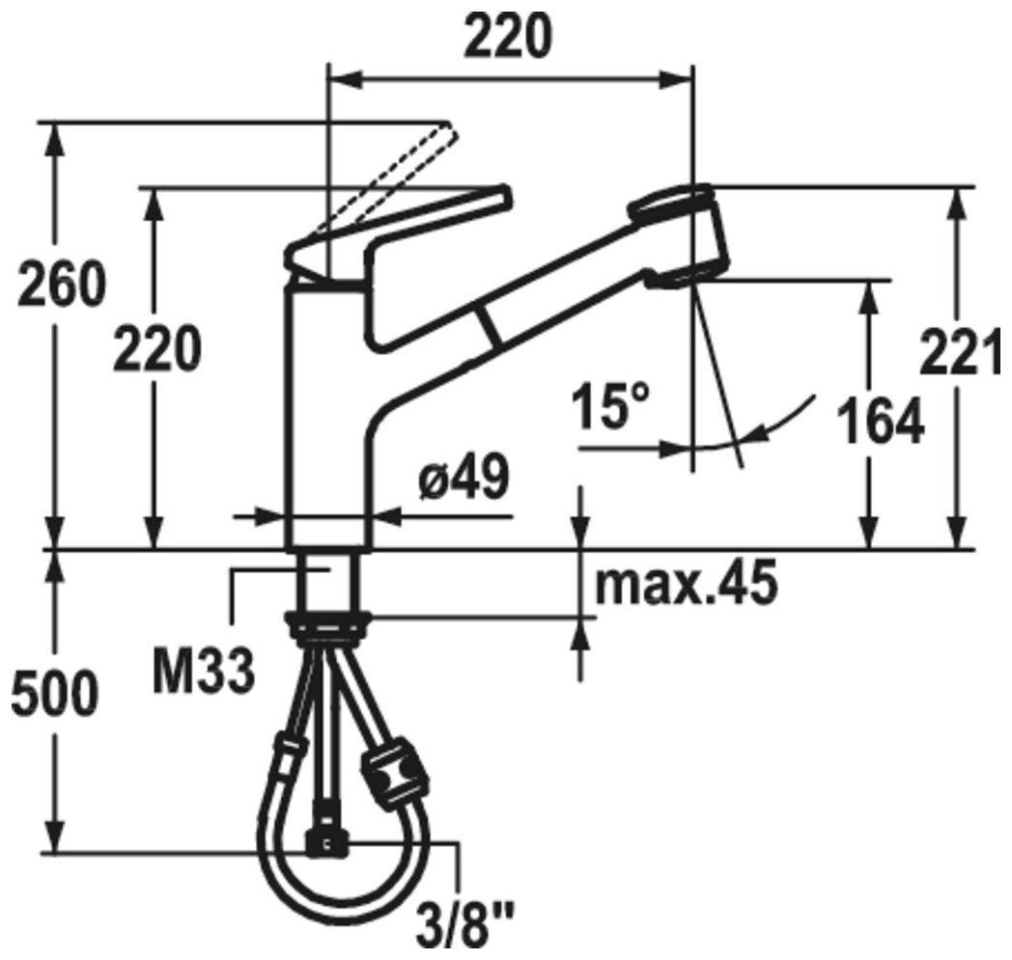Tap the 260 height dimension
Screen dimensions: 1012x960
tap(60, 284)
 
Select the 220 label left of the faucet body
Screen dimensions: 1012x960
tap(156, 349)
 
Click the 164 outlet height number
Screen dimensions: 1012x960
tap(881, 423)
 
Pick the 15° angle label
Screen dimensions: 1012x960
tap(610, 405)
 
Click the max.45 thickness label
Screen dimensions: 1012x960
tap(686, 584)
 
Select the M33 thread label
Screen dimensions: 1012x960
tap(204, 672)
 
